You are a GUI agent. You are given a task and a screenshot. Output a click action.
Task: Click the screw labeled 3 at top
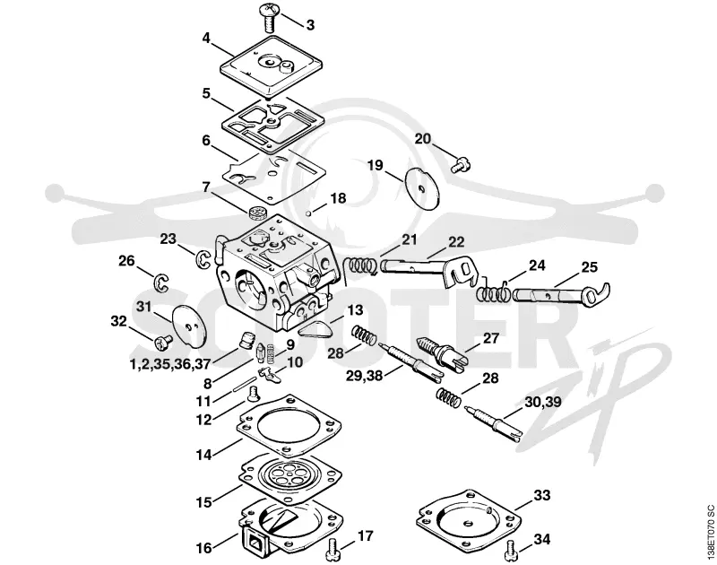[270, 16]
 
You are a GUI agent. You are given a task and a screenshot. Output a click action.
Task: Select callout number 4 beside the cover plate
[206, 38]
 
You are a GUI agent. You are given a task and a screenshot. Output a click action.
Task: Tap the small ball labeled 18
[309, 213]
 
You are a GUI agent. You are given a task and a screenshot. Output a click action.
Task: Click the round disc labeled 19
[423, 187]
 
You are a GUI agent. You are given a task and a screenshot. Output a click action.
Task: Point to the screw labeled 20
[462, 164]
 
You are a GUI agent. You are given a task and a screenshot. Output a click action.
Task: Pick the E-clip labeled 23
[203, 260]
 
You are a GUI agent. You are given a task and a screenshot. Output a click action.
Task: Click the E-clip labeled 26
[161, 282]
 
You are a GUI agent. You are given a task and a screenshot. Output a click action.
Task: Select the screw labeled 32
[163, 342]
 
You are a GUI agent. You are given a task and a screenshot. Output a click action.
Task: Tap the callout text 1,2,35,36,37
[170, 365]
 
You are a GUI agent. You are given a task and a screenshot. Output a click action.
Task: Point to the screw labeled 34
[513, 551]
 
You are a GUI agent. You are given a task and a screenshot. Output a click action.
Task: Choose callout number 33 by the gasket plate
[542, 495]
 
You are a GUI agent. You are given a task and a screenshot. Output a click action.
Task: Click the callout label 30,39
[543, 402]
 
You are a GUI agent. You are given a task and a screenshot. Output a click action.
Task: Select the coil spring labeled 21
[360, 265]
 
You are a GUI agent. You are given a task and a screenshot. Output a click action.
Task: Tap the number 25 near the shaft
[589, 266]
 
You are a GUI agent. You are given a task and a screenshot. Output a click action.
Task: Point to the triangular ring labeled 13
[315, 328]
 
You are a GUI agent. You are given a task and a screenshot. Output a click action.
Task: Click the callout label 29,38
[364, 376]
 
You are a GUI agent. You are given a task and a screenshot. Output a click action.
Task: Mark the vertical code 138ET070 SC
[710, 532]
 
